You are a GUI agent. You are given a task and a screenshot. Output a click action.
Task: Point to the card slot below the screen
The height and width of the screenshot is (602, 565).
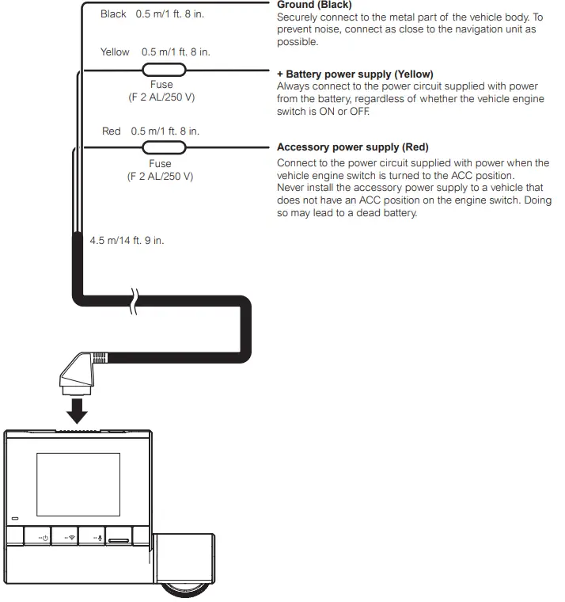[119, 539]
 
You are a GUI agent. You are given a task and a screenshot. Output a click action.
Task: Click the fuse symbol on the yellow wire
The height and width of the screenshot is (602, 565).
[164, 70]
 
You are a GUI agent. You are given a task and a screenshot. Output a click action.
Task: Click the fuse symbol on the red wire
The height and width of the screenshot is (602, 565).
[164, 147]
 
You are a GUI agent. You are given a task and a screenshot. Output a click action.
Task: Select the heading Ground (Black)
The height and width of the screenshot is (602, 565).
[314, 5]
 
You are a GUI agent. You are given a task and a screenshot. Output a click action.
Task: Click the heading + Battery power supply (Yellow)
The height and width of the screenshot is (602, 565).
[355, 74]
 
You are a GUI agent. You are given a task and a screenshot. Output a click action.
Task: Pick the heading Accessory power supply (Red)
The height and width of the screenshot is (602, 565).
[352, 147]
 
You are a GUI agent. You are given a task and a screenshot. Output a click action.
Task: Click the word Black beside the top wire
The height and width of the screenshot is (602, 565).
[114, 14]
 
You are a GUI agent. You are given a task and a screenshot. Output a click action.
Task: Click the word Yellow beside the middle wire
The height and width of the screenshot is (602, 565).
[116, 51]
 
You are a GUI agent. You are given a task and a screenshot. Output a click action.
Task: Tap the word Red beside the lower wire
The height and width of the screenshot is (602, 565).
[112, 131]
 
